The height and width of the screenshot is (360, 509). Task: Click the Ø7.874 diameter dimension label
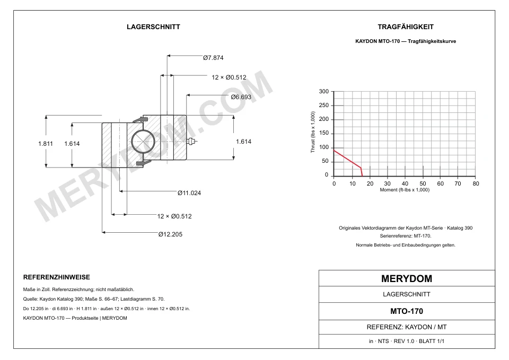pyautogui.click(x=213, y=58)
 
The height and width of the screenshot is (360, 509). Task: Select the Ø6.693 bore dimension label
pyautogui.click(x=241, y=97)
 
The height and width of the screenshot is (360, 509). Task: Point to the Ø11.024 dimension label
pyautogui.click(x=189, y=193)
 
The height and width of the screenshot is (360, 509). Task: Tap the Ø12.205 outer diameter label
pyautogui.click(x=170, y=234)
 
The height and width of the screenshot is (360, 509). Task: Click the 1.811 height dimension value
pyautogui.click(x=46, y=144)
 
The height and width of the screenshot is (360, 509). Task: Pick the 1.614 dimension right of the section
pyautogui.click(x=243, y=142)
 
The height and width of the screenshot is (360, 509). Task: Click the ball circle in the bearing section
pyautogui.click(x=143, y=142)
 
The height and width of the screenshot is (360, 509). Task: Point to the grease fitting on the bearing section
pyautogui.click(x=192, y=141)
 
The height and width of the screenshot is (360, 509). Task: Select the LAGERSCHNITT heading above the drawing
pyautogui.click(x=154, y=27)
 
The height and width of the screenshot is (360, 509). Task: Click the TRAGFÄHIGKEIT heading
pyautogui.click(x=406, y=27)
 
